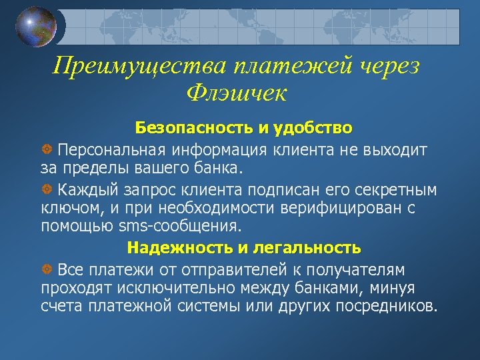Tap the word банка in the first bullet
[221, 165]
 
